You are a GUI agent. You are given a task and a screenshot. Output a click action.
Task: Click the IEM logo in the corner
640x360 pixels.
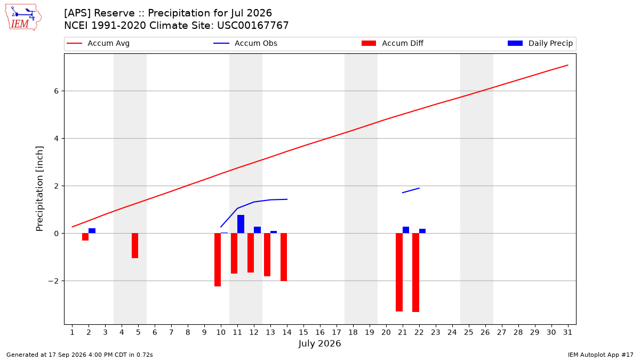(23, 18)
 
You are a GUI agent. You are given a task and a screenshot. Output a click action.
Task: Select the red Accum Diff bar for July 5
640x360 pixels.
(135, 246)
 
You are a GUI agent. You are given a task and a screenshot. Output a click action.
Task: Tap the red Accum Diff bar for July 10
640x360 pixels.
(218, 260)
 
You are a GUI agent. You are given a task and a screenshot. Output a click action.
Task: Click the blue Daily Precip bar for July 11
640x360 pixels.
(241, 224)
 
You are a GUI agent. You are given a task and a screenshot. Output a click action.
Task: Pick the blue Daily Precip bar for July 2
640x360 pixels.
(92, 231)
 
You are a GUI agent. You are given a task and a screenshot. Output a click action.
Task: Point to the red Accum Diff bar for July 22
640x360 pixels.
(415, 273)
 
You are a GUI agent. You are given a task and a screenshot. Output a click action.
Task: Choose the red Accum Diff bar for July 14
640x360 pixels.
(284, 257)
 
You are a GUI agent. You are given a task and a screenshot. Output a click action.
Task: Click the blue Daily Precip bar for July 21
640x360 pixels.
(406, 230)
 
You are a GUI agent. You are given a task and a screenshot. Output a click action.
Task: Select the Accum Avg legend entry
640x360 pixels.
(98, 43)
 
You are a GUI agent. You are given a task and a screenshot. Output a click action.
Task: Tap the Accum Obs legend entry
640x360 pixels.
(245, 43)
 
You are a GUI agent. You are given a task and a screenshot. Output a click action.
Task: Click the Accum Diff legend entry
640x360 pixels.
(393, 43)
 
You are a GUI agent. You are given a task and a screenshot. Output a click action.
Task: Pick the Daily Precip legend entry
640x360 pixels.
(540, 43)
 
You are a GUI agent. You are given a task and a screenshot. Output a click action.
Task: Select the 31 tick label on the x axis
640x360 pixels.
(567, 332)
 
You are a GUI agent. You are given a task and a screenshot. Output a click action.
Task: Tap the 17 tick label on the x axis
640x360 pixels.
(337, 332)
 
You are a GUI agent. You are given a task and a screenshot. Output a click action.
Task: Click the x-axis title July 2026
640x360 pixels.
(319, 343)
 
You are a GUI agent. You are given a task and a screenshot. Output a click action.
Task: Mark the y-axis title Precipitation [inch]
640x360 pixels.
(39, 189)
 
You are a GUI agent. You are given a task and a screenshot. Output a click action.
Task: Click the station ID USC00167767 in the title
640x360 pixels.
(253, 26)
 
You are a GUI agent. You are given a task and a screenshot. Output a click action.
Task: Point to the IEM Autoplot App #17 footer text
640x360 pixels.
(601, 355)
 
